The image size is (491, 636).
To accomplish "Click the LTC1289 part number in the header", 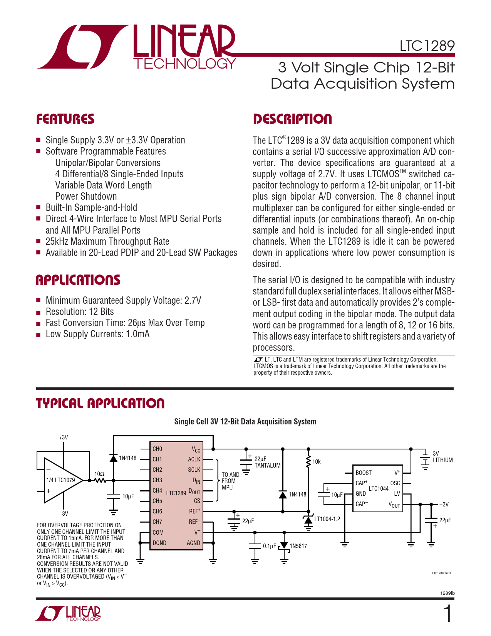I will point(427,46).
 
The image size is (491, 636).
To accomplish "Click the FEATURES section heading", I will point(65,119).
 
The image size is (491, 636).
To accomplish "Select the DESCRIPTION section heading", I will point(292,119).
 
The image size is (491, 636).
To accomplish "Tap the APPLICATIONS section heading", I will point(78,280).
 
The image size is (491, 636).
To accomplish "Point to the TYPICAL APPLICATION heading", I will point(100,404).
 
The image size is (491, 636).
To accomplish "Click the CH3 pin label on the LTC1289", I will point(157,480).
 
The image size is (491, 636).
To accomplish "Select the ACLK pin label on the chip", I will point(194,459).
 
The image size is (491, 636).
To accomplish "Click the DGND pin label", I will point(159,543).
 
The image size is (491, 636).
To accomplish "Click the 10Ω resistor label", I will point(99,474).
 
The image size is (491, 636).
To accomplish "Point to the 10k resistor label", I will point(316,461).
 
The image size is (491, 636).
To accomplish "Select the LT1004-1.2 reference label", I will point(327,519).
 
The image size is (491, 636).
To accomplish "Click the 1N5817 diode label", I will point(298,546).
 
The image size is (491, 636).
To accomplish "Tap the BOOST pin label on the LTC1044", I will point(364,473).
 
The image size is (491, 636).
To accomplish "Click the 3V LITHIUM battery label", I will point(442,457).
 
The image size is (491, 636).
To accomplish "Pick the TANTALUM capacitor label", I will point(267,465).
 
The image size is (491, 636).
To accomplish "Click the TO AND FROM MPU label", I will point(230,481).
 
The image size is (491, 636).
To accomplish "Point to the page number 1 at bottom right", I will point(448,614).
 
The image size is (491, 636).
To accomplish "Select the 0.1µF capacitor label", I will point(269,546).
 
